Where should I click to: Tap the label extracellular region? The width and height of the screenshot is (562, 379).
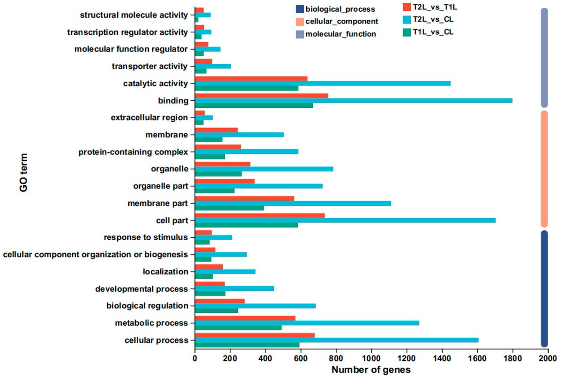[149, 118]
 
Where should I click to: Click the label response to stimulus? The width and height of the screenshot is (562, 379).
[146, 237]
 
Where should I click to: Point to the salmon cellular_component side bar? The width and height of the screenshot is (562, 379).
[544, 169]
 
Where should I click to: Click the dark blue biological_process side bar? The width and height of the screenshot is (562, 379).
[544, 288]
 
